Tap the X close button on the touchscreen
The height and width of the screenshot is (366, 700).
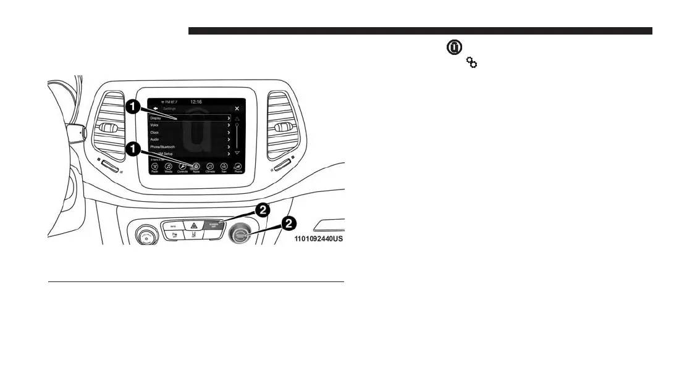tap(237, 109)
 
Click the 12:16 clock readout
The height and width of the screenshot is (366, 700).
tap(196, 101)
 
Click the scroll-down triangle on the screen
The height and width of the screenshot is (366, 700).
tap(237, 152)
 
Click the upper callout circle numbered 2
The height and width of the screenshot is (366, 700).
tap(263, 210)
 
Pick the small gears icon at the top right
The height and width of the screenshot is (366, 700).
tap(471, 62)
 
